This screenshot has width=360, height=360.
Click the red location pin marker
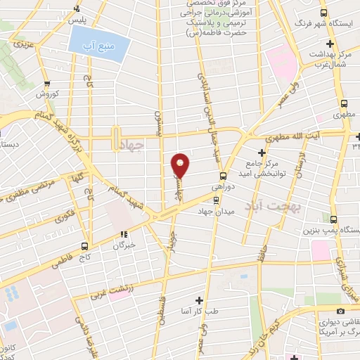click(181, 165)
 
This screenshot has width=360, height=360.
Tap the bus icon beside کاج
click(84, 245)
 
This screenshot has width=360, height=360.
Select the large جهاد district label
click(132, 146)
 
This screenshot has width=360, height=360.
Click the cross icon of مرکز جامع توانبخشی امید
click(262, 152)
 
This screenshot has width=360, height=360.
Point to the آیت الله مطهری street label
click(300, 133)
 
